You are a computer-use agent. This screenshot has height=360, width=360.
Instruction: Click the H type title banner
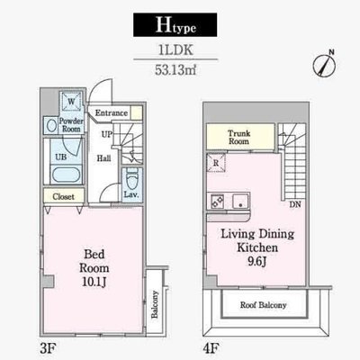(x=175, y=25)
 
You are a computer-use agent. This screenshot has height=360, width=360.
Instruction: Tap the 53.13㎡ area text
(x=175, y=70)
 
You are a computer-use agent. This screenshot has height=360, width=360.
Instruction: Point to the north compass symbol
(x=325, y=64)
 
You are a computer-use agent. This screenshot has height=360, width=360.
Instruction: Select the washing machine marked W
(x=71, y=102)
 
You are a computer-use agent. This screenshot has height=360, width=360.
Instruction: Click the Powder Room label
(x=71, y=125)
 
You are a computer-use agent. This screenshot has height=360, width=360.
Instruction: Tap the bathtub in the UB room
(x=66, y=175)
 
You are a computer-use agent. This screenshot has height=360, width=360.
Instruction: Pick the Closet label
(x=63, y=197)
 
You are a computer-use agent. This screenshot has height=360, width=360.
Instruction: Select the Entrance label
(x=112, y=113)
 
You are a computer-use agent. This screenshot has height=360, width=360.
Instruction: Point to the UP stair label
(x=107, y=134)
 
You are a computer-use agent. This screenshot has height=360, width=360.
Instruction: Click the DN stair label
(x=295, y=204)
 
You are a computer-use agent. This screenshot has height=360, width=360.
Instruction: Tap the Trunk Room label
(x=238, y=137)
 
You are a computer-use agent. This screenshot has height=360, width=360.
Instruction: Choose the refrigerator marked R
(x=216, y=163)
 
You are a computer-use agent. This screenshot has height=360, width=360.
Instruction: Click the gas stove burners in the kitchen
(x=217, y=201)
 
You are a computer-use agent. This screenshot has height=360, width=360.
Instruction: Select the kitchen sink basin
(x=240, y=201)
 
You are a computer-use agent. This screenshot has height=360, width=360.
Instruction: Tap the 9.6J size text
(x=257, y=262)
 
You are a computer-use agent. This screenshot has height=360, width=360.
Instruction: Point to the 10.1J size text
(x=94, y=282)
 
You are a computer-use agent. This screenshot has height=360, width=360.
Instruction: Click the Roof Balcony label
(x=263, y=305)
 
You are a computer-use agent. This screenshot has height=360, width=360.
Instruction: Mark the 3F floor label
(x=48, y=348)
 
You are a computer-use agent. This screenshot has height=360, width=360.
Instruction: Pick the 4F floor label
(x=211, y=348)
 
